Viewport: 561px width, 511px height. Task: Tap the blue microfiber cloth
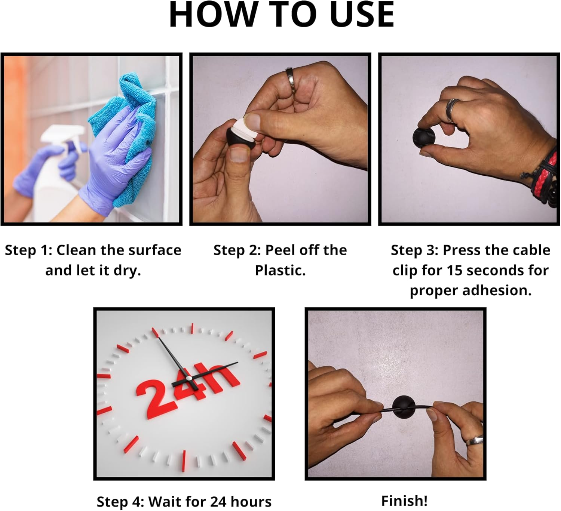click(x=126, y=134)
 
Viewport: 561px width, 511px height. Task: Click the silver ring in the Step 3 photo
click(x=452, y=110)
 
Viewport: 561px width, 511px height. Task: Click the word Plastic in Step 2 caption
click(x=280, y=270)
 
